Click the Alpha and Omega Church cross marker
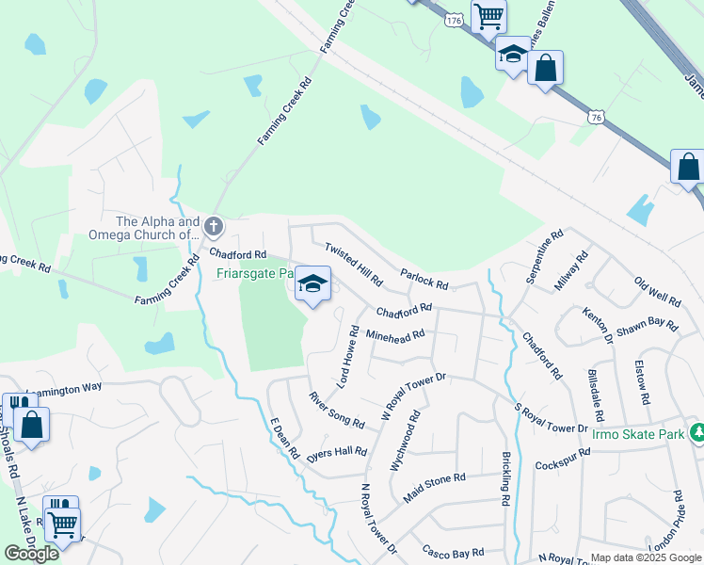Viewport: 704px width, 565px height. point(214,226)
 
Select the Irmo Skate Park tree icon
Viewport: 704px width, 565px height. point(697,432)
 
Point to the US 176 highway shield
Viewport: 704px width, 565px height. point(456,20)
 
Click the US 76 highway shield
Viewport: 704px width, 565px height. point(594,117)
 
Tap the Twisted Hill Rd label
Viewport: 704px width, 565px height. point(353,264)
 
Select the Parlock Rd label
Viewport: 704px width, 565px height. point(424,280)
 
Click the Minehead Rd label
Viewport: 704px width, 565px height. point(395,334)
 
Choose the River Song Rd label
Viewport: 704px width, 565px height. point(336,411)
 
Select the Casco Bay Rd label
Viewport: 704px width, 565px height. point(453,552)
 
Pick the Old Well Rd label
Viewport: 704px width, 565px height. point(657,292)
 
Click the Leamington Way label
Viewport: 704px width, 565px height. point(64,387)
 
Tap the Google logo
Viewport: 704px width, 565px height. point(31,554)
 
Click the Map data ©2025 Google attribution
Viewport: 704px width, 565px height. point(646,557)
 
